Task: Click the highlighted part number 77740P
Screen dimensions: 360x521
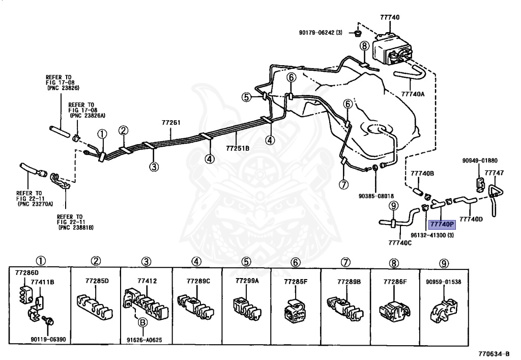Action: (441, 224)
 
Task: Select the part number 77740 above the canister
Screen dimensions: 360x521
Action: (390, 17)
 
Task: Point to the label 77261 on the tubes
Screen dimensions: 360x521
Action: (171, 123)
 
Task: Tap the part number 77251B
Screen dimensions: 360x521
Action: (238, 149)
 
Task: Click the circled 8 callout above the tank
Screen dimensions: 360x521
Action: (364, 46)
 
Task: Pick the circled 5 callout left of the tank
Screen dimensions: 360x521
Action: (247, 97)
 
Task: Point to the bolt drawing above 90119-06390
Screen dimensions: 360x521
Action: (49, 322)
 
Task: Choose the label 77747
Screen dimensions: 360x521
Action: (494, 173)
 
